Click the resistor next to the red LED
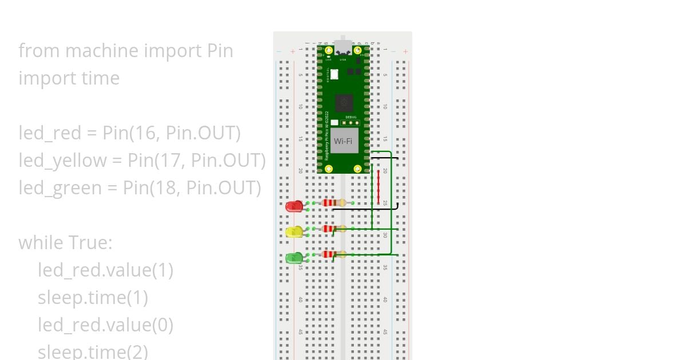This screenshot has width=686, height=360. click(x=333, y=203)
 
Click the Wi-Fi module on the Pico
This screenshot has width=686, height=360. click(x=344, y=141)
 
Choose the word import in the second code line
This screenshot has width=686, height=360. click(x=46, y=78)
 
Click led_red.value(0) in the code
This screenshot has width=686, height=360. click(x=106, y=325)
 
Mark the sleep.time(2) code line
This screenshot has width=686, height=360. click(x=93, y=351)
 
